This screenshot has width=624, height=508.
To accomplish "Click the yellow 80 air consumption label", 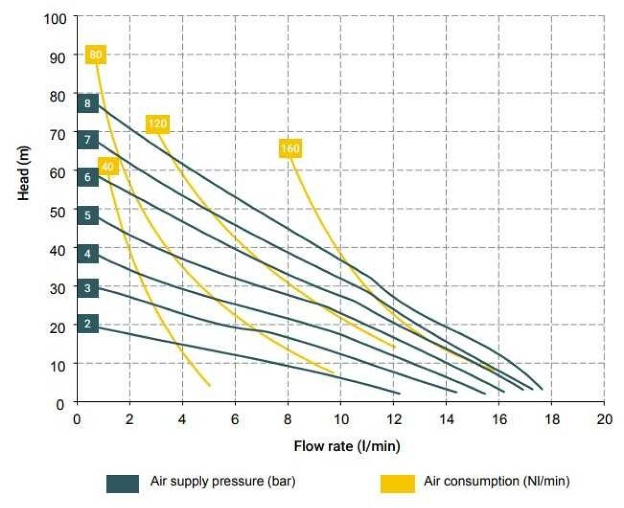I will coord(96,54).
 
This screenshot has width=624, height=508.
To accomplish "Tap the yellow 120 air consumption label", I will coord(158,123).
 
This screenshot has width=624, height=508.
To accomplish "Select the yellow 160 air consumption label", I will coord(290,148).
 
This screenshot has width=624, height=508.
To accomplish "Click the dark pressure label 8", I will coord(88,104).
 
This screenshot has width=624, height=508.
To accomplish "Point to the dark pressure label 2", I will coord(88,324).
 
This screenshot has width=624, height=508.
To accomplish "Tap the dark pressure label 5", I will coord(88,215).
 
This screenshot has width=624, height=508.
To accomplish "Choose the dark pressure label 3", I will coord(88,288).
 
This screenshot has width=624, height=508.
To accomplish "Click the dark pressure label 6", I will coord(88,177).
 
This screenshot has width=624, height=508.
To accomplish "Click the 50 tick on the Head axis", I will coord(58,211).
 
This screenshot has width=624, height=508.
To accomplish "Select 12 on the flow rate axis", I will coord(394,420).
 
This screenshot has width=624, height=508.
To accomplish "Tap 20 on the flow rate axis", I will coord(605,420).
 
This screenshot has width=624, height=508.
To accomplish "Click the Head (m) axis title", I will coord(23,173).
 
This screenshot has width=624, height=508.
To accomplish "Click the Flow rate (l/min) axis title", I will coord(347,446).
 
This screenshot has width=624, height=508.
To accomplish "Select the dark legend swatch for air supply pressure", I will coord(122,484).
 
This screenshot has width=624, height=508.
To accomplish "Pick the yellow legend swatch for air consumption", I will coord(397,484).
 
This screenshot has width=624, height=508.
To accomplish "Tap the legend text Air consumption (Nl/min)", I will coord(496,481).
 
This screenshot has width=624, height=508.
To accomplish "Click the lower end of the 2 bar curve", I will coord(399,393).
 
